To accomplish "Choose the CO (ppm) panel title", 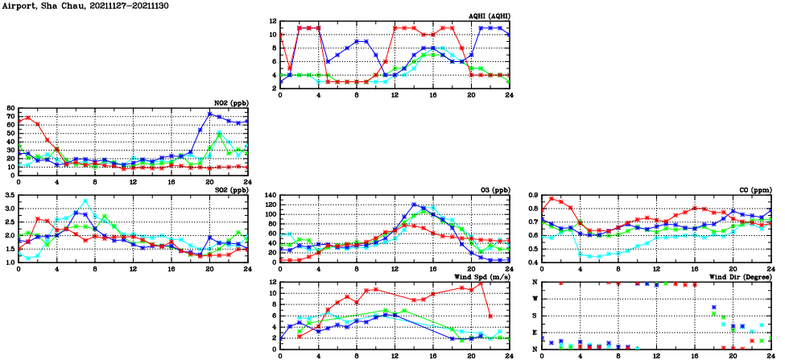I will tap(754, 189).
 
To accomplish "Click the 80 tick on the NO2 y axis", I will tap(10, 108).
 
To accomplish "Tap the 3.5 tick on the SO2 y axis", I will tap(9, 196).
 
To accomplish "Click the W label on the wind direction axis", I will tap(535, 299).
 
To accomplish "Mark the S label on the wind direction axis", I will tap(535, 316).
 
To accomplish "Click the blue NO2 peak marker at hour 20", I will tap(210, 114).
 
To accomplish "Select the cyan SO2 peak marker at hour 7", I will tap(85, 201).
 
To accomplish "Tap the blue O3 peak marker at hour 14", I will tap(415, 205).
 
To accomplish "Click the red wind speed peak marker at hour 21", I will tap(481, 283).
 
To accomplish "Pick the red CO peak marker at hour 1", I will tap(552, 199).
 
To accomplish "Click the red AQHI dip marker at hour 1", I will tap(290, 68).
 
